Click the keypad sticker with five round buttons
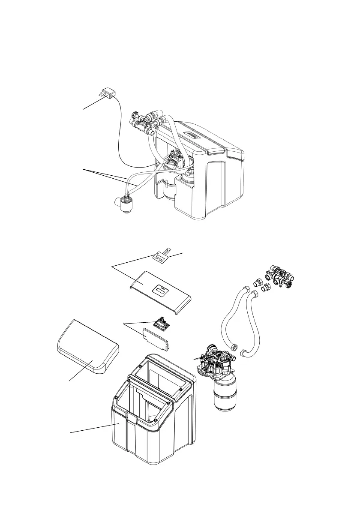[x=160, y=258]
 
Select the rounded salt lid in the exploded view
[x=88, y=347]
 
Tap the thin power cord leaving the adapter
[x=121, y=129]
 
